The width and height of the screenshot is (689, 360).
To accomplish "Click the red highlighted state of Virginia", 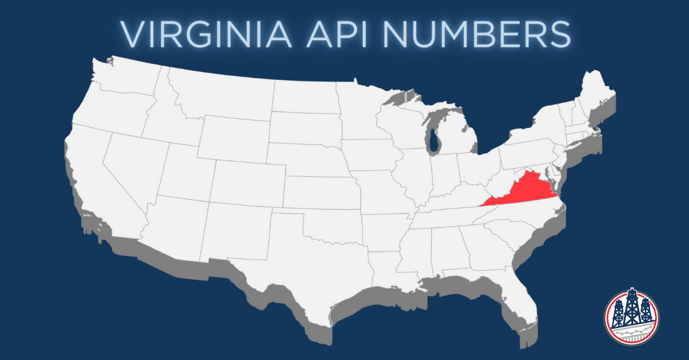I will pos(525,192).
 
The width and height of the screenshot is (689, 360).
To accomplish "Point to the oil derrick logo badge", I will pos(632,318).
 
